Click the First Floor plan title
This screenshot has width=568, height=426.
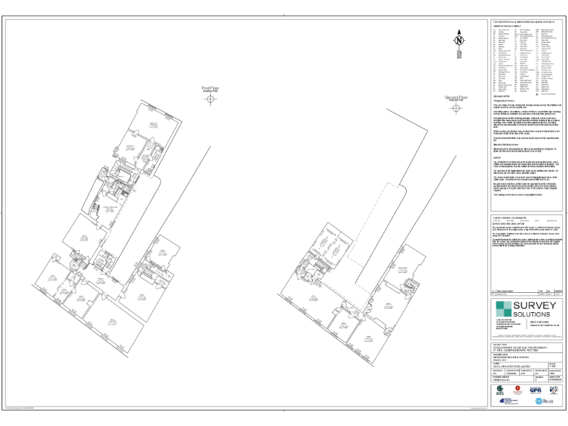pyautogui.click(x=211, y=88)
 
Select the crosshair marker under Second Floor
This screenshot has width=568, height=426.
pyautogui.click(x=456, y=107)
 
